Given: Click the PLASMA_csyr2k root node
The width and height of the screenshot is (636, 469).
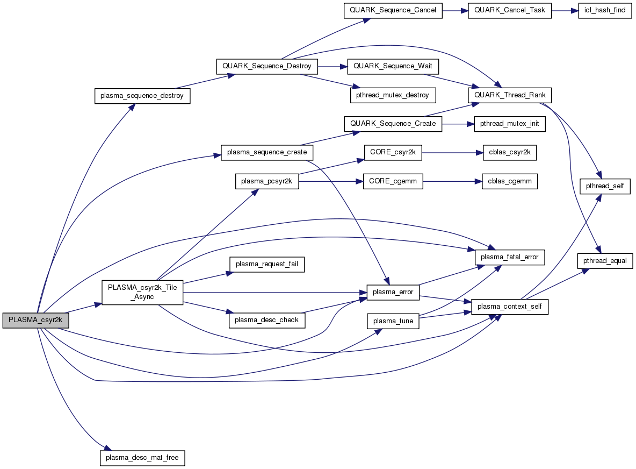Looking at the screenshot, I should pos(36,319).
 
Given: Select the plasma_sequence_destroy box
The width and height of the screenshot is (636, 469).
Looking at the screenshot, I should pos(142,96).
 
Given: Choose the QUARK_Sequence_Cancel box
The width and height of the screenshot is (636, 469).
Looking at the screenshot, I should pos(393,11).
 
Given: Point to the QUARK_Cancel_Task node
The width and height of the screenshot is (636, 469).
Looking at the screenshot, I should pos(510,11).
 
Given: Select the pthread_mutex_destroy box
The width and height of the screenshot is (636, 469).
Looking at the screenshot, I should pos(393,95).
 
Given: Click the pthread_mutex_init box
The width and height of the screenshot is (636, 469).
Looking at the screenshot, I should pos(509,124).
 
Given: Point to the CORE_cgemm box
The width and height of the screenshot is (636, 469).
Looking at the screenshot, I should pos(393,182).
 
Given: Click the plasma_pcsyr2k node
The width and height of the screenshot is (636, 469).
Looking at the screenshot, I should pos(266,182).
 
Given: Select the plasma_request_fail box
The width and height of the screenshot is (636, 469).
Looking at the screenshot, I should pos(267,264).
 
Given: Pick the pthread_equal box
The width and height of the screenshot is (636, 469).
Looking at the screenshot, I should pos(605,260).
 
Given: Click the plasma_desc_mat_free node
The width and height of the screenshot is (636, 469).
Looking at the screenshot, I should pos(142,458).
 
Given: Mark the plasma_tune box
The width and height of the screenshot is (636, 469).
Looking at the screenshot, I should pos(393,321).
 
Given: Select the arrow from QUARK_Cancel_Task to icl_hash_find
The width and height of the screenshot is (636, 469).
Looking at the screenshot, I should pos(565,11).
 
